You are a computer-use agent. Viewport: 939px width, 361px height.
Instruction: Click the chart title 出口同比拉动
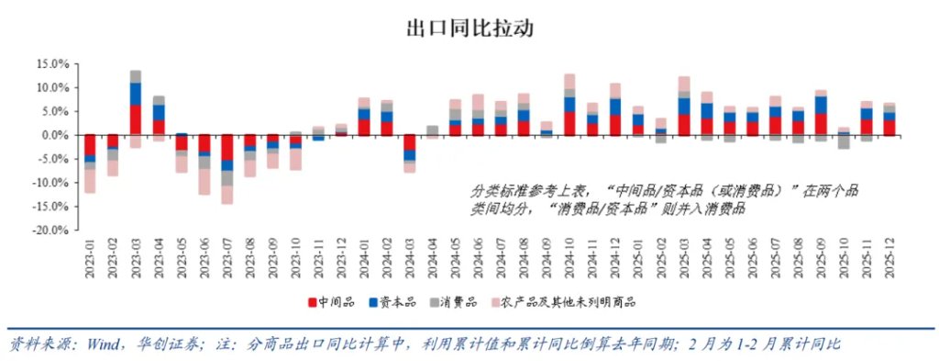pos(469,27)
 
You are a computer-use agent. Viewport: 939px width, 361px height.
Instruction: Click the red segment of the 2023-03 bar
pos(136,119)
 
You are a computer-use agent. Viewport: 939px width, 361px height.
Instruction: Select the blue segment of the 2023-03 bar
pos(136,94)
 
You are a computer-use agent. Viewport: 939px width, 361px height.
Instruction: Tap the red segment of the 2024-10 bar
pos(569,123)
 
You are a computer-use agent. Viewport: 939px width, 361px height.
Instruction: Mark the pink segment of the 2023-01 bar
pos(90,181)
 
